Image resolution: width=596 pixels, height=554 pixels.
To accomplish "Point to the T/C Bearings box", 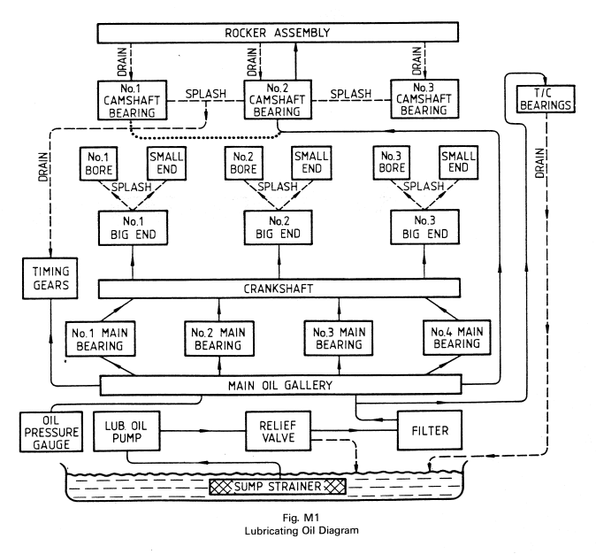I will point(538,105).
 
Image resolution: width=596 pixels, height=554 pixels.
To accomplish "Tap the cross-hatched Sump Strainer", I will point(278,486).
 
